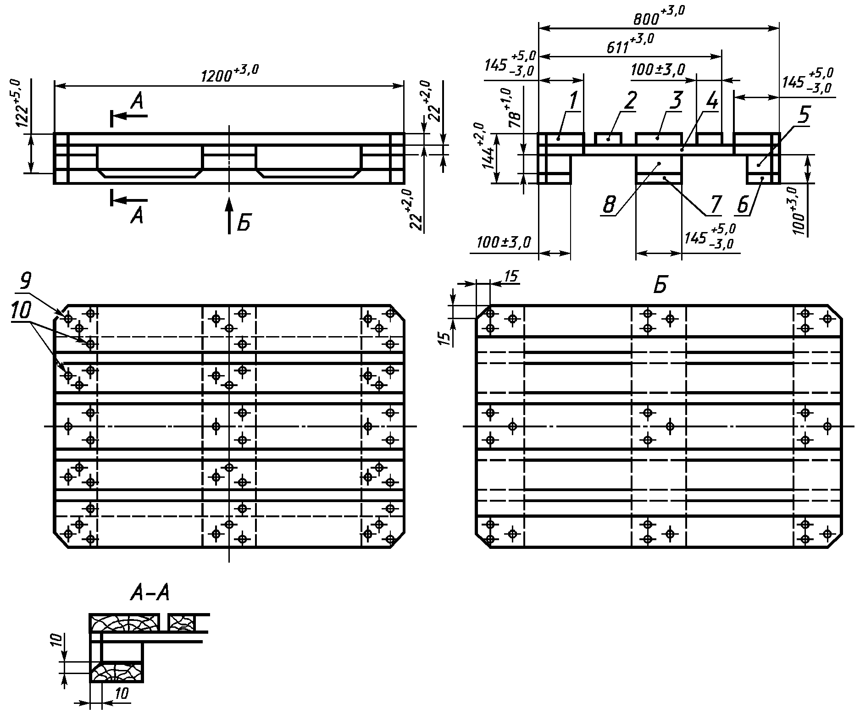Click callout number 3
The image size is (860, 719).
676,100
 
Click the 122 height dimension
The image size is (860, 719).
23,103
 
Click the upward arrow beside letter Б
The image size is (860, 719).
229,216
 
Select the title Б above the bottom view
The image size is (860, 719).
660,285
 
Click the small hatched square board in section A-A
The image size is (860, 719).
182,623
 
